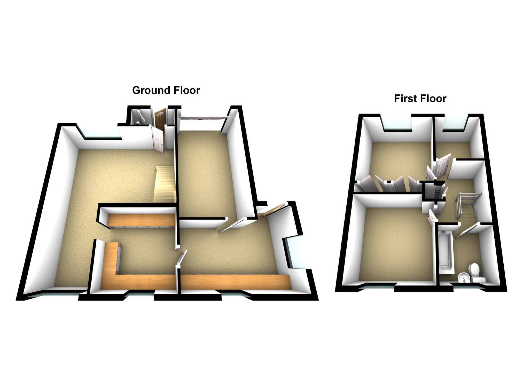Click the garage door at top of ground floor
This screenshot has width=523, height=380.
204,118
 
